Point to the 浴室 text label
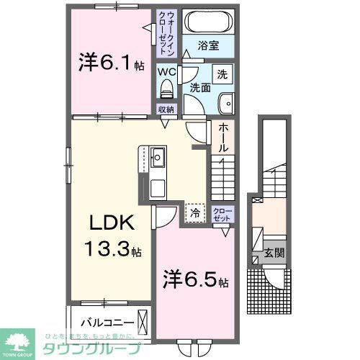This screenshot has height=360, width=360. pyautogui.click(x=208, y=45)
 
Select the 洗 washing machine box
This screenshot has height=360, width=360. pyautogui.click(x=223, y=74)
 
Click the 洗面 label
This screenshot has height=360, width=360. pyautogui.click(x=199, y=88)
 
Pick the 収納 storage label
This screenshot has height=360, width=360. pyautogui.click(x=167, y=110)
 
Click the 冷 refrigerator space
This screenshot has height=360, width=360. pyautogui.click(x=194, y=212)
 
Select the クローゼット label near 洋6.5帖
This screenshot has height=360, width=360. pyautogui.click(x=223, y=213)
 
